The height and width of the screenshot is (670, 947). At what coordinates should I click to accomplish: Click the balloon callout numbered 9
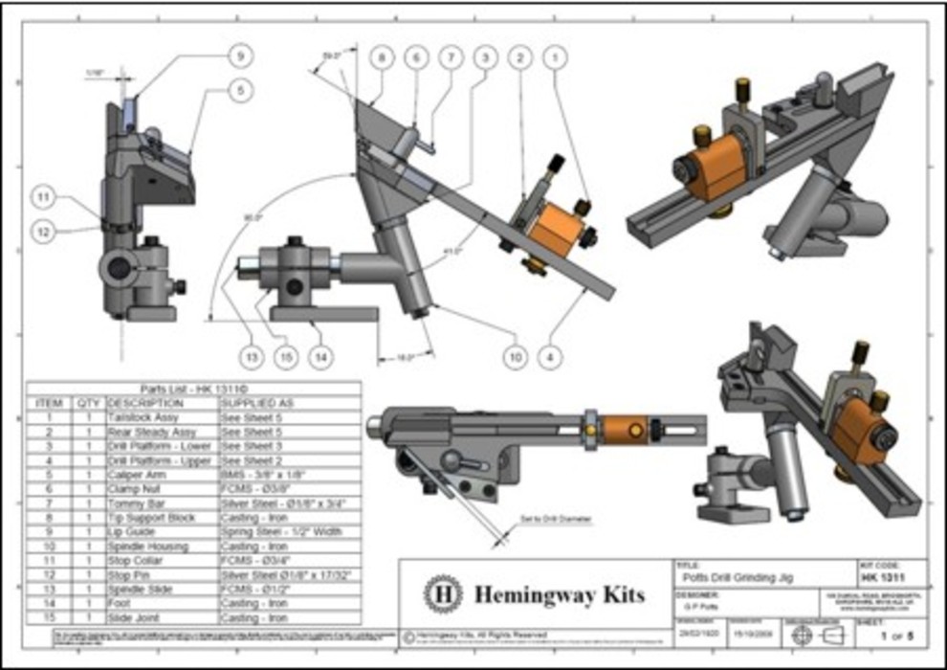[238, 56]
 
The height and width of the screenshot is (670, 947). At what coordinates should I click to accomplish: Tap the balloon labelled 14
[322, 357]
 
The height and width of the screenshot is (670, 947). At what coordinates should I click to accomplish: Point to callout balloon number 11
[42, 198]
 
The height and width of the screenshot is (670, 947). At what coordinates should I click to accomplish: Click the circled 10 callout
[516, 357]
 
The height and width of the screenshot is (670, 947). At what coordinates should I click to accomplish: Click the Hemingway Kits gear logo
[443, 593]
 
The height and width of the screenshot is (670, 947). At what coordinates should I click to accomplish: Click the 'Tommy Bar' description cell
[134, 503]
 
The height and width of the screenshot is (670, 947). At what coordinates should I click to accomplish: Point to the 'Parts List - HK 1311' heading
[193, 389]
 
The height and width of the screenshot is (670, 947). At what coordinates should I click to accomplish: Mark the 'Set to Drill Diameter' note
[570, 519]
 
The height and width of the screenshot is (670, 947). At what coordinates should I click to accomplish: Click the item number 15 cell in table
[48, 617]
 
